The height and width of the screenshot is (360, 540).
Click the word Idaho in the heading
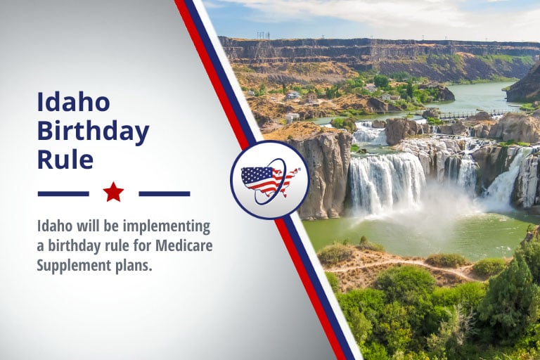pos(73,101)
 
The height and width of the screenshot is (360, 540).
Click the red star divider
pos(113,192)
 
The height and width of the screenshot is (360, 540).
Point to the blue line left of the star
pos(63,194)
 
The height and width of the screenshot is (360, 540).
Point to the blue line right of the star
pos(165,194)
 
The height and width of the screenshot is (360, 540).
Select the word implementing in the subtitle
pos(167,227)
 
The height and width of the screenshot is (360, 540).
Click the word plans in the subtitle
pos(132,266)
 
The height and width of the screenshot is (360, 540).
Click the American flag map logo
pos(270,180)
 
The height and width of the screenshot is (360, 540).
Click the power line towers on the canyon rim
pos(264,35)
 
